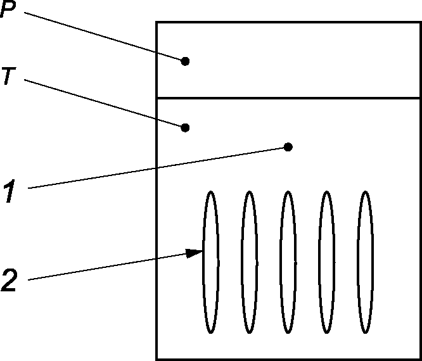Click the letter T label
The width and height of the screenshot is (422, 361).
pyautogui.click(x=8, y=77)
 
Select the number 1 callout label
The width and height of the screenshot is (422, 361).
pyautogui.click(x=9, y=191)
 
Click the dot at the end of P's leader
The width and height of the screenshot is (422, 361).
pyautogui.click(x=185, y=61)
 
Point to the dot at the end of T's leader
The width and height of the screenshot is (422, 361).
pyautogui.click(x=185, y=127)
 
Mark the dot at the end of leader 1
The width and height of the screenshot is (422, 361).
pyautogui.click(x=288, y=147)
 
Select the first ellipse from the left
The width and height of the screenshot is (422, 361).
pyautogui.click(x=211, y=262)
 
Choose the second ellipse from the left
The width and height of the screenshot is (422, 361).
pyautogui.click(x=250, y=262)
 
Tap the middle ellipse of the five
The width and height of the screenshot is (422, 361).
pyautogui.click(x=288, y=262)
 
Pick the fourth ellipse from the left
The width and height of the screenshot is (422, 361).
pyautogui.click(x=326, y=262)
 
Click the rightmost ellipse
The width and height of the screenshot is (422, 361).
pyautogui.click(x=364, y=262)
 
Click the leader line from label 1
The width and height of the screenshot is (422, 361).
pyautogui.click(x=158, y=167)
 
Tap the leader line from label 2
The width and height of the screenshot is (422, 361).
pyautogui.click(x=108, y=266)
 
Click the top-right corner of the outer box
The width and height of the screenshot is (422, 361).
pyautogui.click(x=419, y=22)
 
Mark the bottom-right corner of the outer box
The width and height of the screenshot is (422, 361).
pyautogui.click(x=419, y=359)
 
